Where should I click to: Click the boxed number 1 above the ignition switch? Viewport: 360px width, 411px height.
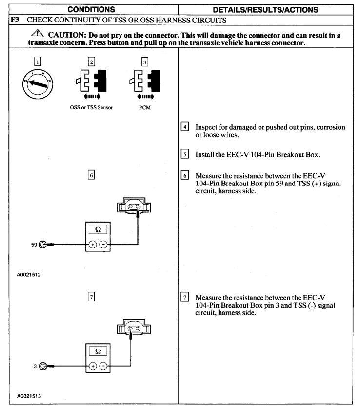click(x=38, y=62)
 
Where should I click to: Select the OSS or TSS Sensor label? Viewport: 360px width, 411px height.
click(x=91, y=108)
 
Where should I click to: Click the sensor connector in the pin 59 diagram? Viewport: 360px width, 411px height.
click(x=133, y=207)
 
